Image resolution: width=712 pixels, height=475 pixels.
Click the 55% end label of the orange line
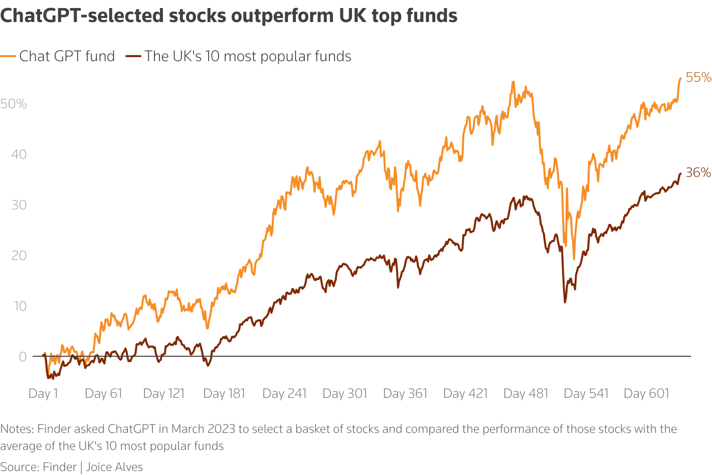(x=698, y=78)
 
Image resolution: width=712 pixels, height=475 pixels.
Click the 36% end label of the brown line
(x=698, y=173)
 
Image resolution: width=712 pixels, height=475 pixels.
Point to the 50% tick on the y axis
(x=14, y=104)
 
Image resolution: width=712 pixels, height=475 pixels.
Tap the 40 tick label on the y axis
(x=19, y=154)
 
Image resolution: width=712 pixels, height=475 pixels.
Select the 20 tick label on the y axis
(x=19, y=256)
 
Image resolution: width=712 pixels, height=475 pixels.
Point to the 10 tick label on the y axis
(x=19, y=306)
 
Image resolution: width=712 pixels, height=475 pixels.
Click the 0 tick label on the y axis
(x=22, y=357)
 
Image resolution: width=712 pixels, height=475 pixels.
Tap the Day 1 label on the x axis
(x=43, y=394)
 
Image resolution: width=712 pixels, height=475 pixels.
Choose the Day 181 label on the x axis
(x=224, y=394)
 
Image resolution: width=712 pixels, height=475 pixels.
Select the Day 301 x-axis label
(x=345, y=394)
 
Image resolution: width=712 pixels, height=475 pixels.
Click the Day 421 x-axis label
(x=465, y=394)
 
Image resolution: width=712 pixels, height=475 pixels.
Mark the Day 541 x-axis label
(x=586, y=394)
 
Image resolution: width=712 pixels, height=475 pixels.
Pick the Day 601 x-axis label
(x=646, y=394)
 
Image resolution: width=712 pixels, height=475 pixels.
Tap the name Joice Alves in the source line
(x=114, y=467)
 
